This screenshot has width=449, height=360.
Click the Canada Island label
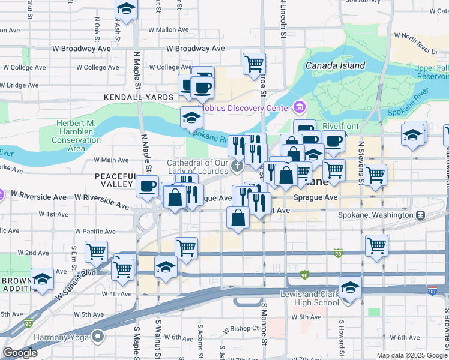tap(335, 65)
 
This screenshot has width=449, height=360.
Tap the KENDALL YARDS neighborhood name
tap(130, 97)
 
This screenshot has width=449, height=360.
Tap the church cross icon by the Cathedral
tap(237, 166)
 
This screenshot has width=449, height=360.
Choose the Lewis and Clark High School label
tap(310, 298)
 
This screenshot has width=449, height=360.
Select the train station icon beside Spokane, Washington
tap(421, 214)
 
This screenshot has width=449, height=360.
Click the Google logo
tap(20, 353)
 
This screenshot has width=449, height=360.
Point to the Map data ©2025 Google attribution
tap(411, 355)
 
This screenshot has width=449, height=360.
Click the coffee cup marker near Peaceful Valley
tap(147, 186)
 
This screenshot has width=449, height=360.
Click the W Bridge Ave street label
tap(20, 85)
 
